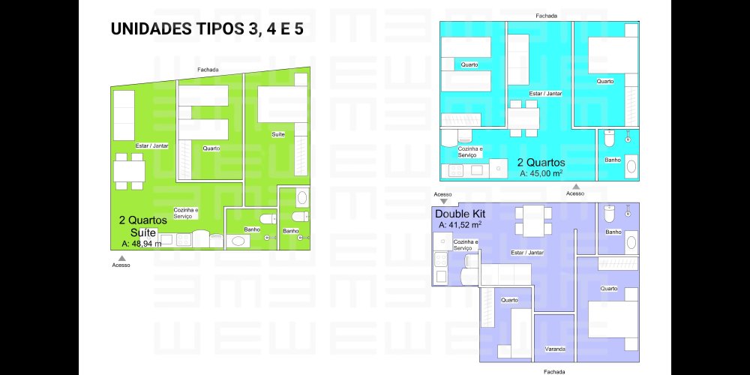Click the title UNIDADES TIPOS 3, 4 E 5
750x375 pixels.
click(207, 28)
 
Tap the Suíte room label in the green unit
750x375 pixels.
click(278, 134)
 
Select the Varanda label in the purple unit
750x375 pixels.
click(555, 349)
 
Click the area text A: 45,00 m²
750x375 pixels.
click(541, 173)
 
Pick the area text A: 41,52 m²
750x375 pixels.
click(460, 224)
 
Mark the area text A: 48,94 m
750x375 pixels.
click(142, 244)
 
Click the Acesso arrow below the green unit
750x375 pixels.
click(122, 258)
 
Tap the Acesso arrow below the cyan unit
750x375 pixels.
click(576, 187)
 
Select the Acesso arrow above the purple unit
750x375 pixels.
click(444, 201)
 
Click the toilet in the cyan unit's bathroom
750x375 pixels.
click(609, 138)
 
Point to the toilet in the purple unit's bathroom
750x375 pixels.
click(609, 213)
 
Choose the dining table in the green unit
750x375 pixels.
click(129, 171)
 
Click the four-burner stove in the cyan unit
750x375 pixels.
click(456, 170)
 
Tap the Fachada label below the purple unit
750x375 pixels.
click(554, 372)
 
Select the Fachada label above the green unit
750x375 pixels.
click(208, 70)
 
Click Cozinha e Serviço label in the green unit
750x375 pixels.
click(185, 213)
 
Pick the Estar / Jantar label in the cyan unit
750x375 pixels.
click(545, 94)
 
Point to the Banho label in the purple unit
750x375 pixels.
click(613, 232)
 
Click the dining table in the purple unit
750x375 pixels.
click(533, 221)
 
